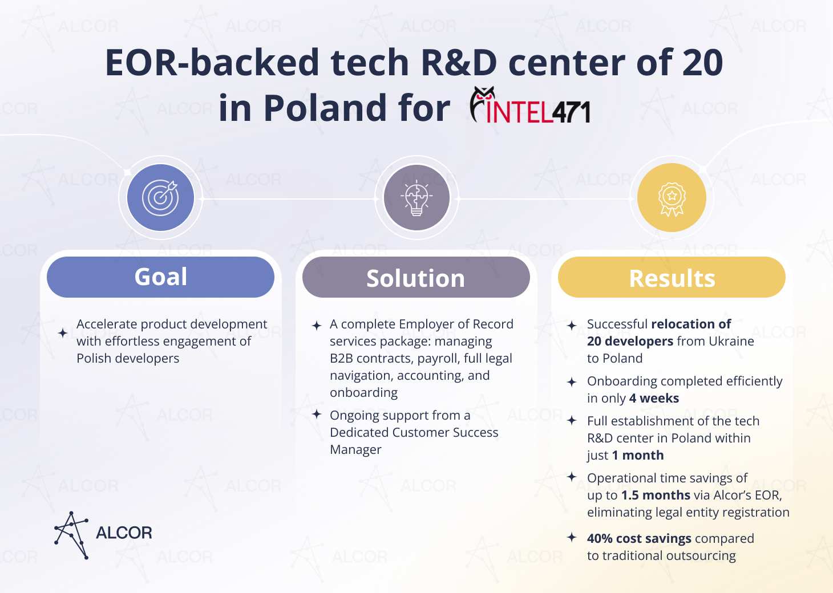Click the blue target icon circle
160,198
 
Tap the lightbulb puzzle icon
416,197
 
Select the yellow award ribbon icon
672,198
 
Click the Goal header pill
161,277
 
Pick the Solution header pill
416,277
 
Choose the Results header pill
672,277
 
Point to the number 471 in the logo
571,112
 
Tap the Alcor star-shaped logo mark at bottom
71,535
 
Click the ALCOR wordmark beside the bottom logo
124,533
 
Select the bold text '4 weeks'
654,399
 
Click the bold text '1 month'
638,455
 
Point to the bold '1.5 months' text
656,495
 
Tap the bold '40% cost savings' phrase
639,538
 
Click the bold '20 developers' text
630,341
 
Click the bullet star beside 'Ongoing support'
317,414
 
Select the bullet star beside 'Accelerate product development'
63,333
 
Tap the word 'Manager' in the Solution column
355,450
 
